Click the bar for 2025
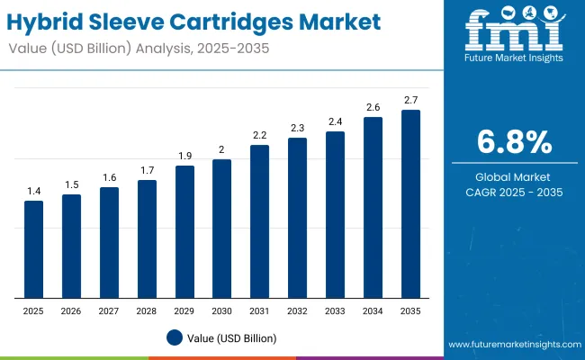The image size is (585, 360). pos(33,249)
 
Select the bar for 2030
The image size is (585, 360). pos(222,229)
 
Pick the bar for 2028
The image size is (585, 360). pos(147,238)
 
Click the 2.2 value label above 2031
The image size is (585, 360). pos(259,135)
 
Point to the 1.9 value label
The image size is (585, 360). pos(184,156)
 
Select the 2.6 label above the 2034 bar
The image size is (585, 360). pos(373,107)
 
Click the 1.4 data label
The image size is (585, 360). pos(33,191)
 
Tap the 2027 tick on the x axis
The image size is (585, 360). pos(109,310)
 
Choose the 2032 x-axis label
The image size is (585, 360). pos(297,310)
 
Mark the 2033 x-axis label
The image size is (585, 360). pos(335,310)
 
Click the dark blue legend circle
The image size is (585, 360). pos(175,337)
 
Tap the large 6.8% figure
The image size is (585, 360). pos(514,142)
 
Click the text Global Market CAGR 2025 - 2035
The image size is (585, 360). pos(514,184)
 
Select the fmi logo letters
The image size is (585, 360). pos(513,31)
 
